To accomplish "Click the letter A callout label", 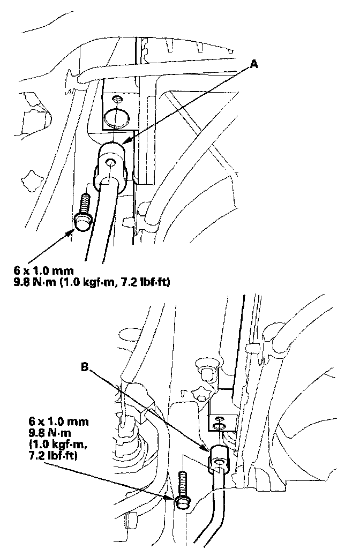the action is (x=254, y=64).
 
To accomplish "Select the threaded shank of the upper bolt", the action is (x=84, y=204).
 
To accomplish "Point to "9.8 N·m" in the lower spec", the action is (x=60, y=417).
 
